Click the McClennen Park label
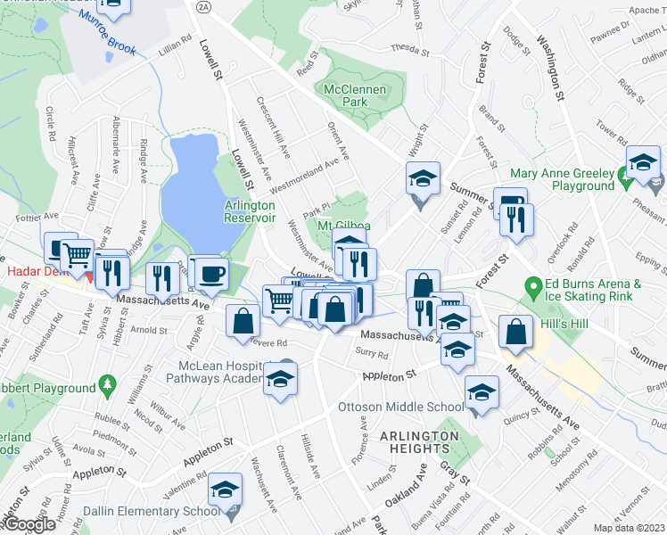pyautogui.click(x=347, y=96)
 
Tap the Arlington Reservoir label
pyautogui.click(x=249, y=211)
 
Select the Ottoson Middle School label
pyautogui.click(x=388, y=407)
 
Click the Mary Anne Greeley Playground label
pyautogui.click(x=563, y=179)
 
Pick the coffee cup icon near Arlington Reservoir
pyautogui.click(x=211, y=273)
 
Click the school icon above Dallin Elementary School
pyautogui.click(x=225, y=489)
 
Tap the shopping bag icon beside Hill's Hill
pyautogui.click(x=516, y=332)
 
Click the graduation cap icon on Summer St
pyautogui.click(x=424, y=178)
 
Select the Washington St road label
pyautogui.click(x=551, y=67)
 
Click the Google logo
pyautogui.click(x=29, y=524)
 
